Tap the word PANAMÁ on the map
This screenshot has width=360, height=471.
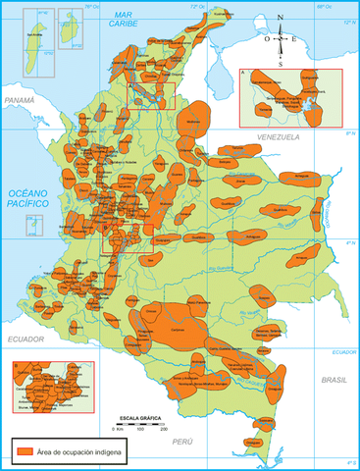tap(19, 101)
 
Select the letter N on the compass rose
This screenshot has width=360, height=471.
tap(281, 19)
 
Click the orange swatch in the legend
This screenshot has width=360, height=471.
tap(25, 450)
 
